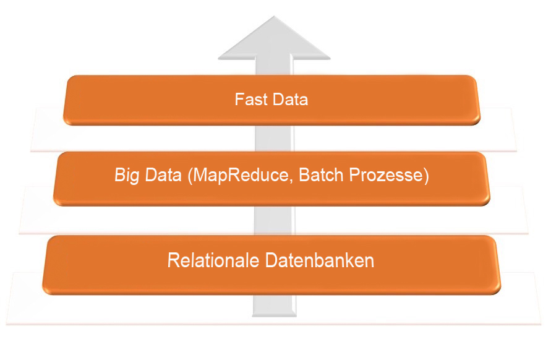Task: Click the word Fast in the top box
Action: pyautogui.click(x=249, y=100)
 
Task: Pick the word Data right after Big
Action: pyautogui.click(x=161, y=176)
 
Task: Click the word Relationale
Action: pyautogui.click(x=214, y=260)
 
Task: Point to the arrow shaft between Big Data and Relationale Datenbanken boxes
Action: pyautogui.click(x=273, y=220)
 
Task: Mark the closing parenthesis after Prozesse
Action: pyautogui.click(x=426, y=176)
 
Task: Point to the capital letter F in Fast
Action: pyautogui.click(x=239, y=100)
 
